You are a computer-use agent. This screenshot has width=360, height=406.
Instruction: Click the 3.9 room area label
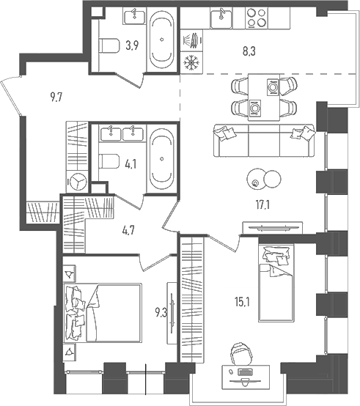click(132, 45)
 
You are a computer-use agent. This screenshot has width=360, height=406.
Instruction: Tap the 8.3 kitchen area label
click(249, 51)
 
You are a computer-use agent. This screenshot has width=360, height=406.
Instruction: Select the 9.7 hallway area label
click(56, 98)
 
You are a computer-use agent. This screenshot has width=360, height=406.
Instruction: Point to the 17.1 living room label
click(262, 205)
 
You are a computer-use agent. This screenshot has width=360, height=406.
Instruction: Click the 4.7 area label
click(128, 230)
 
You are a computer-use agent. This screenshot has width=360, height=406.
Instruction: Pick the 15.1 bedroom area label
click(242, 302)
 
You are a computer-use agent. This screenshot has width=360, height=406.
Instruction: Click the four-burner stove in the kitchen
click(257, 18)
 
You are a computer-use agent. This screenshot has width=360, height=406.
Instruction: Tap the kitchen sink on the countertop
click(221, 18)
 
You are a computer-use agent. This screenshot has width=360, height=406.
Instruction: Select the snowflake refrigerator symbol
click(191, 62)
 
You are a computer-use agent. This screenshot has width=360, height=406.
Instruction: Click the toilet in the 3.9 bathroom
click(109, 47)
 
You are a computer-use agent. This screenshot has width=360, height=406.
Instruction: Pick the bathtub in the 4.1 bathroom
click(162, 158)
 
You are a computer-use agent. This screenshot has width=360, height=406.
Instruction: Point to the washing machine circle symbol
click(78, 182)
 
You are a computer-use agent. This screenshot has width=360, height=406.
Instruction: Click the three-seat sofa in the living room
click(264, 140)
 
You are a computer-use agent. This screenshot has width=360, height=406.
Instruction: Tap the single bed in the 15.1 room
click(276, 283)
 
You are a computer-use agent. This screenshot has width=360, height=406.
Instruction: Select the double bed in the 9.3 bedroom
click(103, 314)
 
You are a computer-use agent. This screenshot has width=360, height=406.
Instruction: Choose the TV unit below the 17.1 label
click(273, 228)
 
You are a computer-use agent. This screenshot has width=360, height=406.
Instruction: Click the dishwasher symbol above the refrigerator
click(191, 40)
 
